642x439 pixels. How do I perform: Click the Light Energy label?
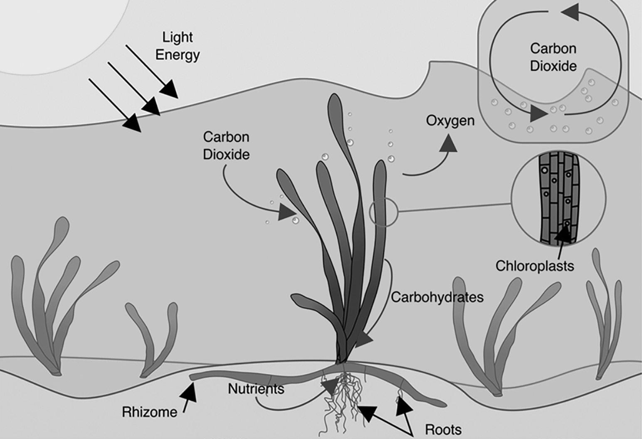click(x=178, y=46)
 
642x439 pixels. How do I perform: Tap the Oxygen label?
click(x=450, y=121)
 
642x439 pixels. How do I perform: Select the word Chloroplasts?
click(x=534, y=266)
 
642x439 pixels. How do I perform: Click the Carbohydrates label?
click(x=437, y=297)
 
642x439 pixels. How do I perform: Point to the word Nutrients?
click(x=256, y=389)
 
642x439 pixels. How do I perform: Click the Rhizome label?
click(x=149, y=412)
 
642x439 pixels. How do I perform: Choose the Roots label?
click(x=443, y=429)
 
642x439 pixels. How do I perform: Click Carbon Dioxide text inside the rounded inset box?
click(x=553, y=57)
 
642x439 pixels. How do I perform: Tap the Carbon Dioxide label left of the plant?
click(x=226, y=146)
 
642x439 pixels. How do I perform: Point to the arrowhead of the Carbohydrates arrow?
click(x=363, y=339)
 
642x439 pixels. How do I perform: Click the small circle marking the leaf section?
click(x=383, y=212)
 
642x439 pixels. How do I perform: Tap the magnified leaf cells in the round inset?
click(x=558, y=197)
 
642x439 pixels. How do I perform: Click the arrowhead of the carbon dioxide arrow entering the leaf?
click(x=286, y=212)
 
